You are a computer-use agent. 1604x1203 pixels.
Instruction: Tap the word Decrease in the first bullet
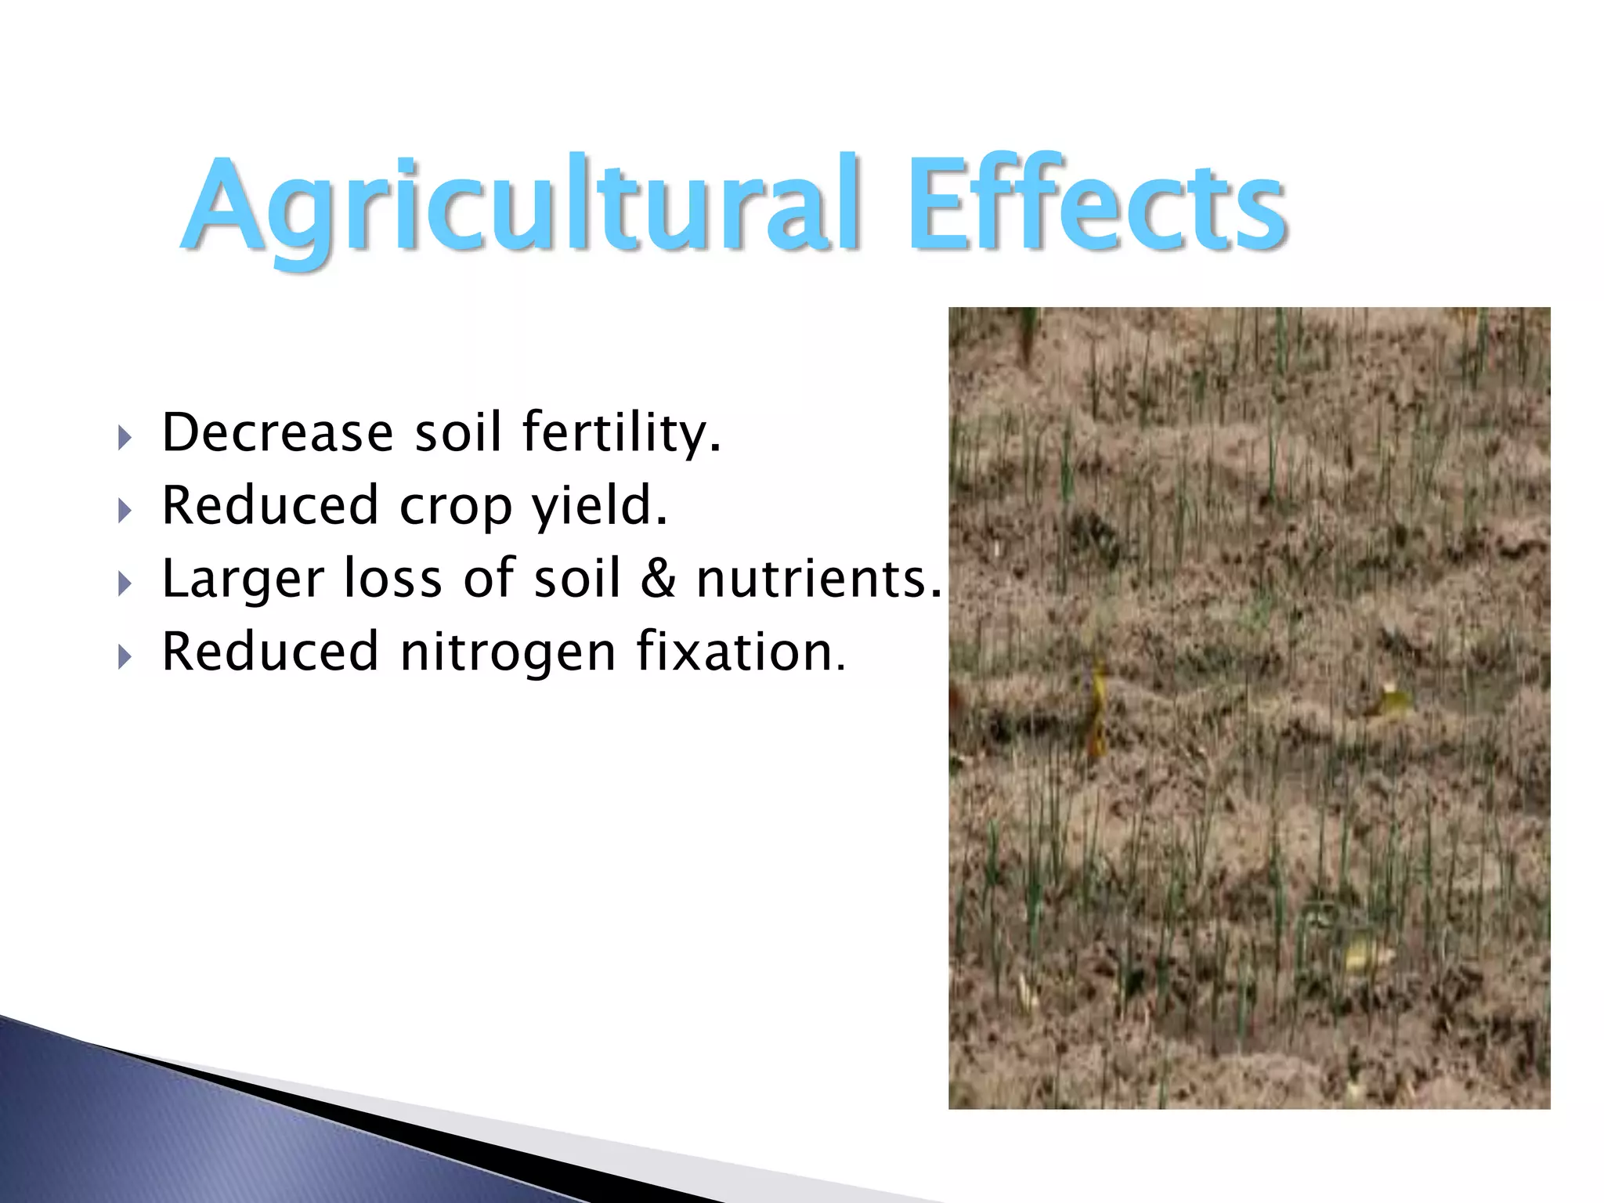[x=277, y=432]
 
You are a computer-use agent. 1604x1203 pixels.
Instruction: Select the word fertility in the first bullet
[x=620, y=432]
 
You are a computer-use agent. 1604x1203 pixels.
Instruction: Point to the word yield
[x=599, y=505]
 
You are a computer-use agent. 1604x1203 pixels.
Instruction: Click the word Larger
[x=242, y=580]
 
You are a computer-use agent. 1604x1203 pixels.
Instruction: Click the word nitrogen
[x=508, y=652]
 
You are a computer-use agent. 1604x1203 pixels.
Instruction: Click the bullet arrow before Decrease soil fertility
[x=125, y=438]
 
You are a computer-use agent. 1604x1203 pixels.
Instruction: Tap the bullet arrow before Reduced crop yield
[x=125, y=511]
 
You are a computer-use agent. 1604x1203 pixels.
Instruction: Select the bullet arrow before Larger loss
[x=125, y=584]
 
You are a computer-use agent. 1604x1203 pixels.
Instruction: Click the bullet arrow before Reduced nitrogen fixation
[x=125, y=657]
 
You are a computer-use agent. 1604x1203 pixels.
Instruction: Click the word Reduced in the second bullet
[x=269, y=505]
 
